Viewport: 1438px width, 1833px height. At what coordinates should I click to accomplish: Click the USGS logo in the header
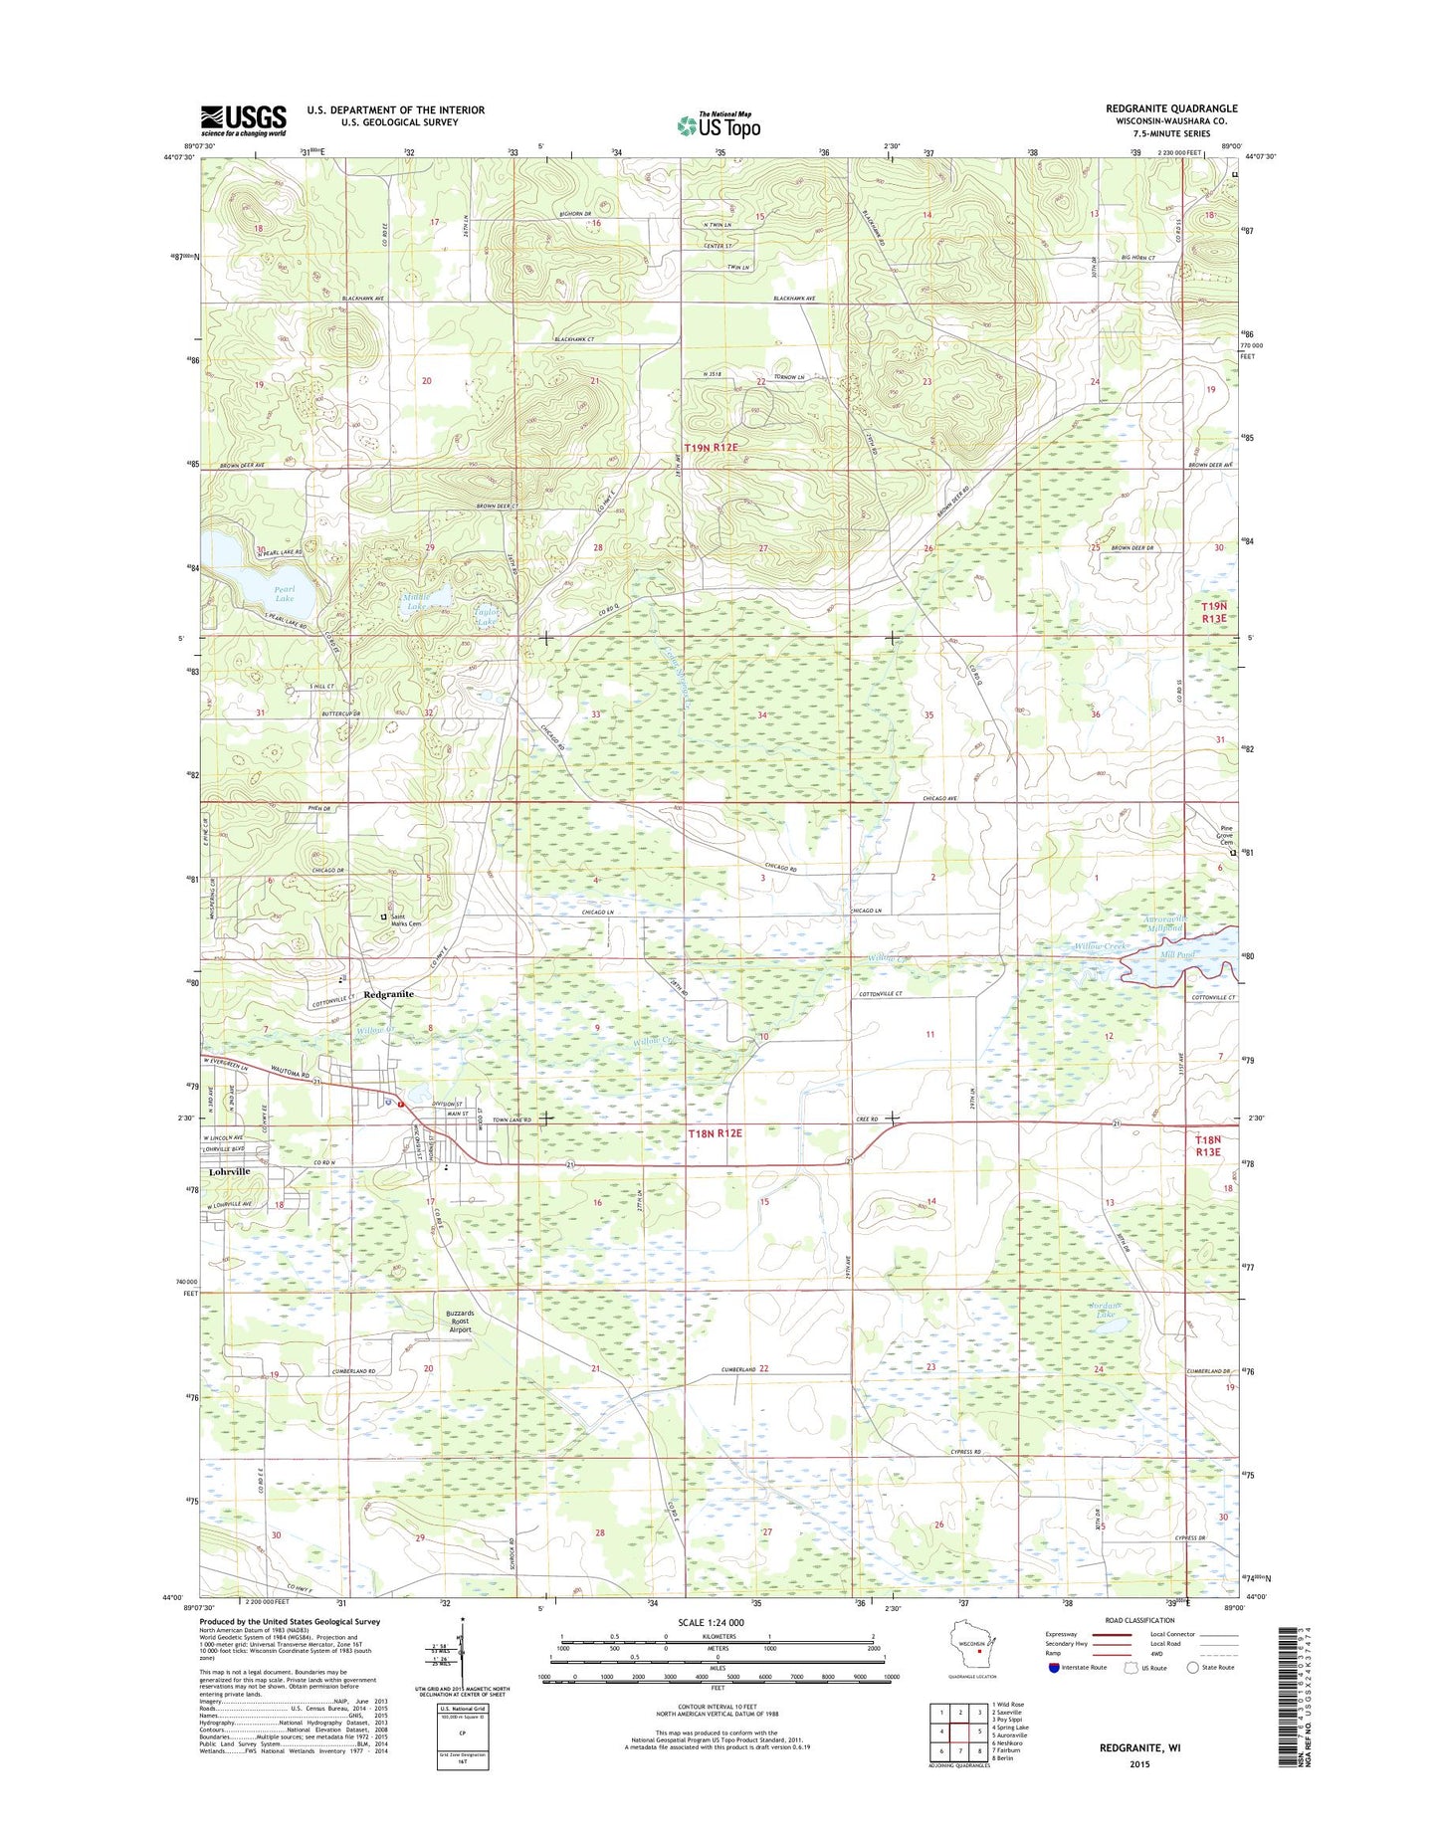(243, 119)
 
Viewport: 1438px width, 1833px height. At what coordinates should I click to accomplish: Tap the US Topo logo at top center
(719, 123)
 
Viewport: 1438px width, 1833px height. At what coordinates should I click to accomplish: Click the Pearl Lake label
(285, 593)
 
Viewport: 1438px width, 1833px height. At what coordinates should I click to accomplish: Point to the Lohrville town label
(224, 1171)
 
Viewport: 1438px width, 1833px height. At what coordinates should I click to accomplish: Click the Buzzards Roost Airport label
(460, 1321)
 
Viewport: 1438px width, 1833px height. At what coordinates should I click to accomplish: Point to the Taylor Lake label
(487, 616)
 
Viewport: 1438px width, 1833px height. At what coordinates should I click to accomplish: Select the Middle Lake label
(415, 601)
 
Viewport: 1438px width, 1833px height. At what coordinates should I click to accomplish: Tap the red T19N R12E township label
(711, 448)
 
